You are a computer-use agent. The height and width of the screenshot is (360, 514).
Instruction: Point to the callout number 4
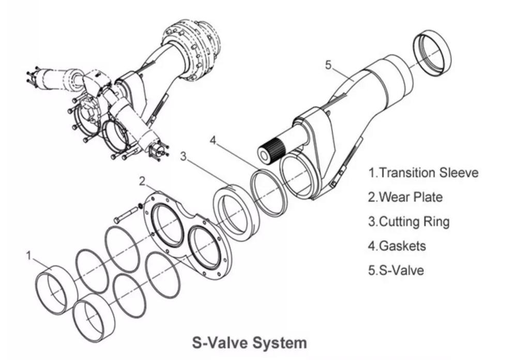pyautogui.click(x=214, y=140)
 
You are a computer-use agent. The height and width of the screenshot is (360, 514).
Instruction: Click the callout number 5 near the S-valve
pyautogui.click(x=328, y=65)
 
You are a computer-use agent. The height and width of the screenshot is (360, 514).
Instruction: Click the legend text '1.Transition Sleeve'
pyautogui.click(x=423, y=173)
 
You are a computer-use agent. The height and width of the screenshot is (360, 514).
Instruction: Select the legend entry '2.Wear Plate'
pyautogui.click(x=405, y=197)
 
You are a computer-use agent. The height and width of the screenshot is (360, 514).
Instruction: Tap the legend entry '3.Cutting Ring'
pyautogui.click(x=409, y=221)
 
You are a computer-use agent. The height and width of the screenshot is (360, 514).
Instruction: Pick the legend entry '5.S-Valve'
pyautogui.click(x=395, y=270)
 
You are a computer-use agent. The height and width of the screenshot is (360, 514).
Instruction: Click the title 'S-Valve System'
pyautogui.click(x=249, y=342)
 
